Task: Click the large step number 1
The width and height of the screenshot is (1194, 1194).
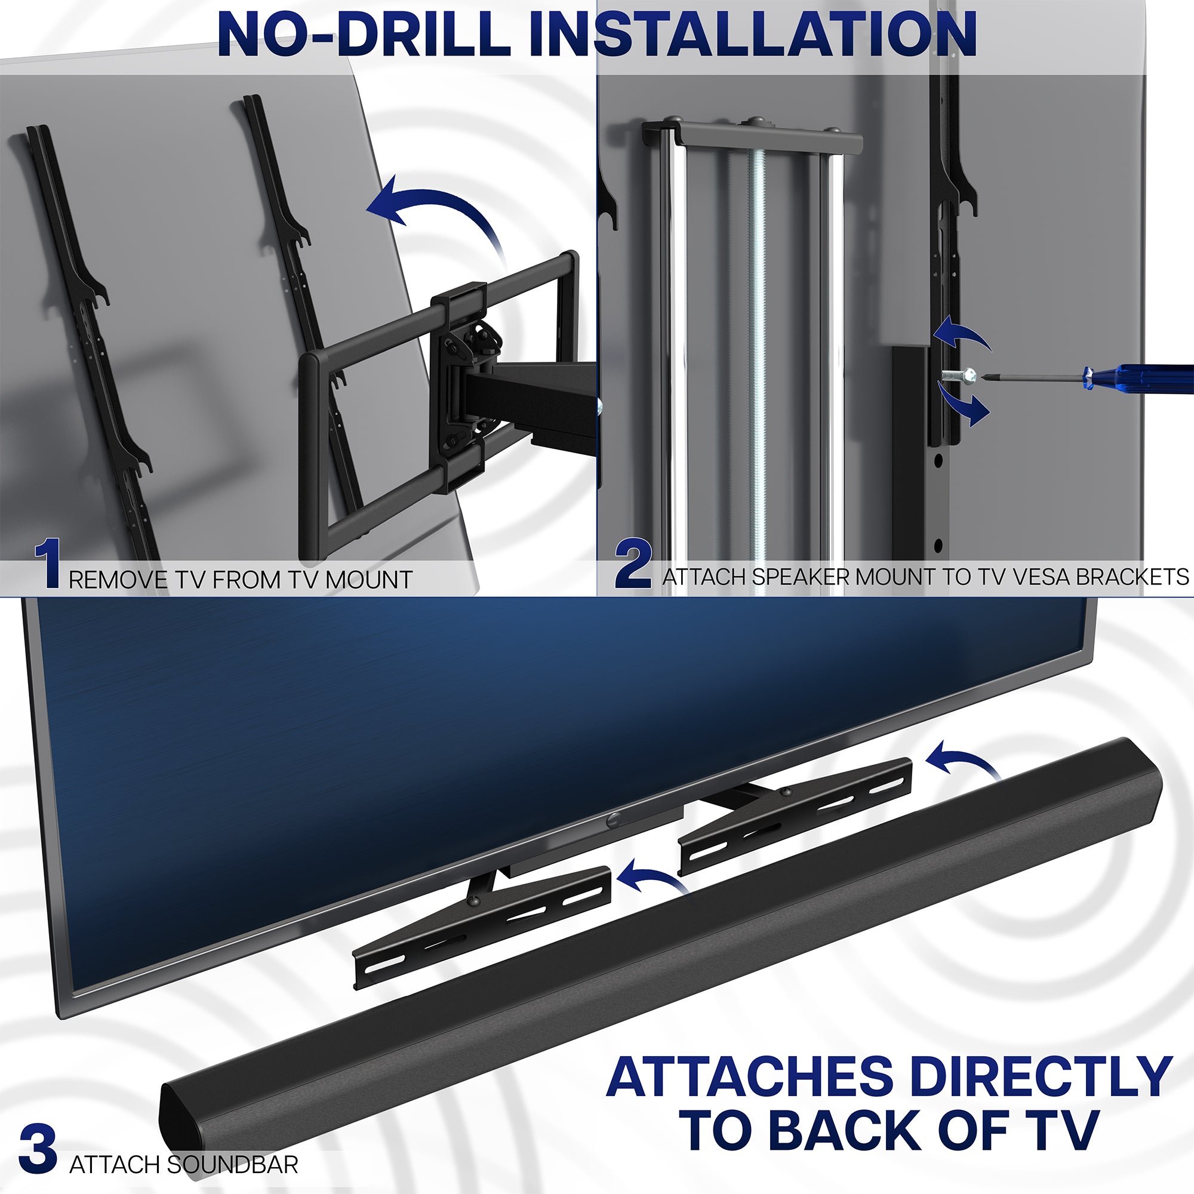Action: [48, 564]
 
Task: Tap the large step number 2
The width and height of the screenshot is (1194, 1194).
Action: [633, 563]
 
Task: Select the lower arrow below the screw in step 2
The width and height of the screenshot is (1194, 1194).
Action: [964, 406]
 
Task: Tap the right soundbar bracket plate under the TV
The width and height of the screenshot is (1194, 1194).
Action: [797, 816]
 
